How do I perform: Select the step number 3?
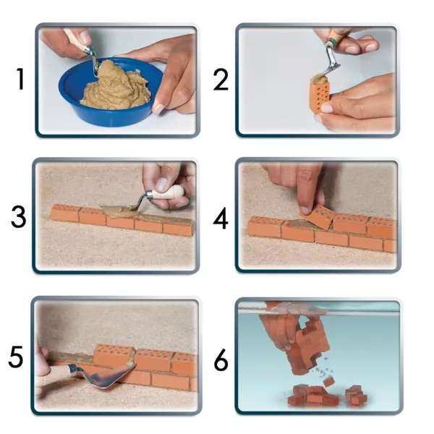tap(19, 217)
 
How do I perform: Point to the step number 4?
tap(221, 218)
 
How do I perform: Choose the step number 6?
tap(221, 359)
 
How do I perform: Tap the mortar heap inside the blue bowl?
tap(116, 88)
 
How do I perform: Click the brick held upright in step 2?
tap(320, 96)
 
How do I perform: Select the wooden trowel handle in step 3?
tap(169, 192)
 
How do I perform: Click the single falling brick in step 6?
tap(328, 382)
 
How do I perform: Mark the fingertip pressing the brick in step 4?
tap(305, 210)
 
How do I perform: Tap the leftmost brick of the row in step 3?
tap(65, 213)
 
